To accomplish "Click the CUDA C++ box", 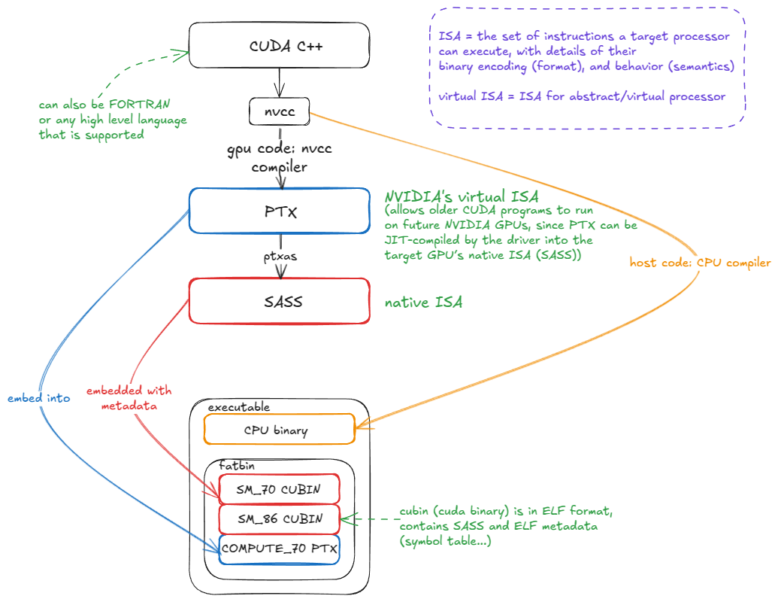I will [279, 45].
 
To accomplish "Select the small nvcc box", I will [279, 112].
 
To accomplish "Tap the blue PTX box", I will [279, 211].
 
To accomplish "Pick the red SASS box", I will [279, 302].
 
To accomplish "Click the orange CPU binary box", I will [279, 430].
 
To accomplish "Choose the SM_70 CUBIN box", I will [279, 489].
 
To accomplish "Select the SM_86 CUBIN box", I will [279, 518].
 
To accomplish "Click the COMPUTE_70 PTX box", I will [279, 549].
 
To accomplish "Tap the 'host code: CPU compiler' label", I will [700, 263].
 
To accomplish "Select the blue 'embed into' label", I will [38, 398].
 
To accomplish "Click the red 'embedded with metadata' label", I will [129, 398].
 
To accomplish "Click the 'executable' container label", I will [238, 407].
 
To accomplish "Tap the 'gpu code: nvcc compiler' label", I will [279, 158].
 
